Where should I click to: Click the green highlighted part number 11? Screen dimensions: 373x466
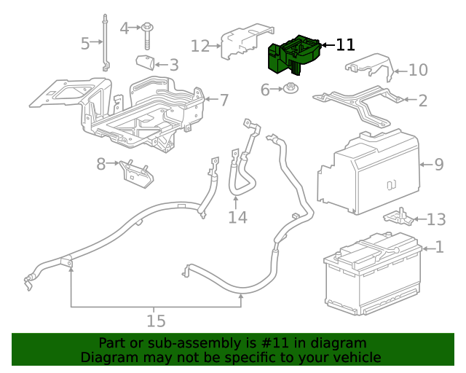pos(293,55)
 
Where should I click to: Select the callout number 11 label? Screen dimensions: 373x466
pos(346,45)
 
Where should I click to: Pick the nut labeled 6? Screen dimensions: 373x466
pos(290,90)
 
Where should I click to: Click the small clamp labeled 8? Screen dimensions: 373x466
pos(136,172)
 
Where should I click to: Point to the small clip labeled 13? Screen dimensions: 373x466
pos(396,216)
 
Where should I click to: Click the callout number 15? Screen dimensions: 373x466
pos(156,321)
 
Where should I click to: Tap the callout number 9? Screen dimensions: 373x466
pos(438,165)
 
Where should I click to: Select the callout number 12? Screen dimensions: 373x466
pos(200,47)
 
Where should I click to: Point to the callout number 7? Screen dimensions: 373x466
pos(224,99)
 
